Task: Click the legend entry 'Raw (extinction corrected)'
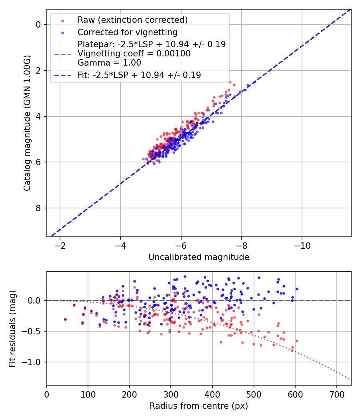pos(132,20)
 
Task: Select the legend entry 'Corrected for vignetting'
pos(127,32)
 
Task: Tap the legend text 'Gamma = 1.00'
pos(109,62)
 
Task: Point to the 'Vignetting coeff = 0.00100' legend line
pos(134,54)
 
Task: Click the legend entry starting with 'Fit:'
pos(139,75)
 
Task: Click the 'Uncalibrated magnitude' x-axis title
pos(199,257)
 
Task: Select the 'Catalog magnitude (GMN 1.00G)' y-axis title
pos(27,123)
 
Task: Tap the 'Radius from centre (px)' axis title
pos(199,406)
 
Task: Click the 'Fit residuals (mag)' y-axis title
pos(12,328)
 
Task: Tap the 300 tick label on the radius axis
pos(171,394)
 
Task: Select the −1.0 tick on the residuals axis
pos(34,362)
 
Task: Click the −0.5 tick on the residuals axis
pos(34,331)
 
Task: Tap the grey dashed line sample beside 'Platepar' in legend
pos(63,54)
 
